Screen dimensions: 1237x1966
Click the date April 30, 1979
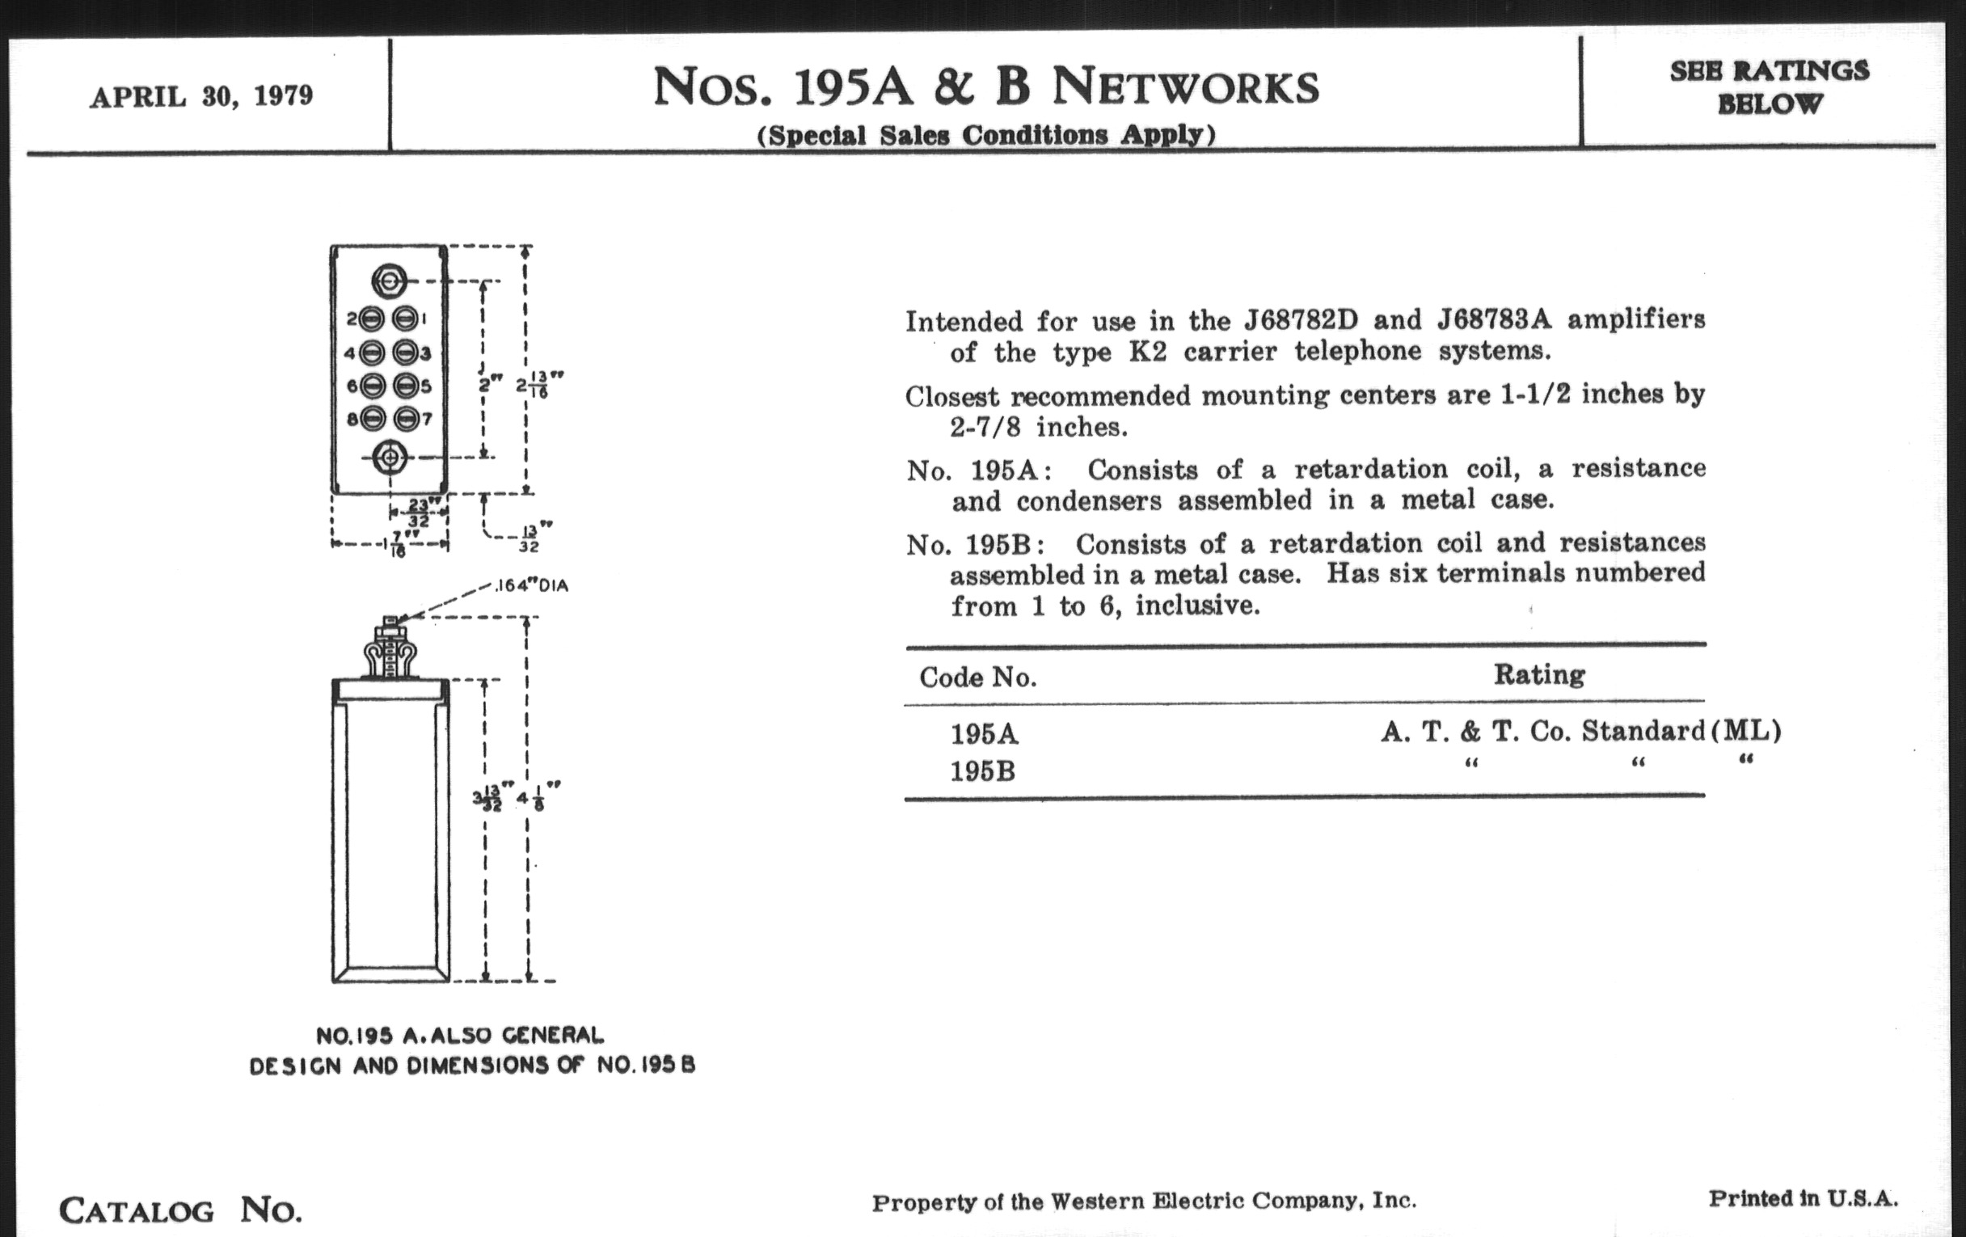(x=201, y=96)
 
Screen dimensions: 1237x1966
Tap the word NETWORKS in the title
(x=1184, y=87)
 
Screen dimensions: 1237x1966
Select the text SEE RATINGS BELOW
(x=1770, y=87)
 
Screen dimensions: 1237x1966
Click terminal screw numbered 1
(x=405, y=319)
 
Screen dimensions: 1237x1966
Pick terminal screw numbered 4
(x=372, y=353)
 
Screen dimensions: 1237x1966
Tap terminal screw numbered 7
(x=406, y=419)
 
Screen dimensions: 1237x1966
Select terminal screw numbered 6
(x=372, y=386)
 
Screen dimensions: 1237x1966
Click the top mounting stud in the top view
(x=389, y=281)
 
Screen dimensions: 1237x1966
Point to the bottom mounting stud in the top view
(x=390, y=458)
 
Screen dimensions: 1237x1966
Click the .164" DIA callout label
(x=531, y=585)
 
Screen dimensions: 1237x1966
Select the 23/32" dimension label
(x=420, y=513)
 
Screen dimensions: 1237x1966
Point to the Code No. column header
(x=977, y=678)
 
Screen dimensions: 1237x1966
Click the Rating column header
(x=1539, y=674)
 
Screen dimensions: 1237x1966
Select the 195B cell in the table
(x=982, y=770)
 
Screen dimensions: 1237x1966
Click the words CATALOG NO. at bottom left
(x=180, y=1210)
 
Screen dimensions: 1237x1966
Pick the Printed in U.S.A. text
(x=1803, y=1199)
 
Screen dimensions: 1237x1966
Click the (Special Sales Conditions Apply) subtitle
(x=986, y=135)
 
